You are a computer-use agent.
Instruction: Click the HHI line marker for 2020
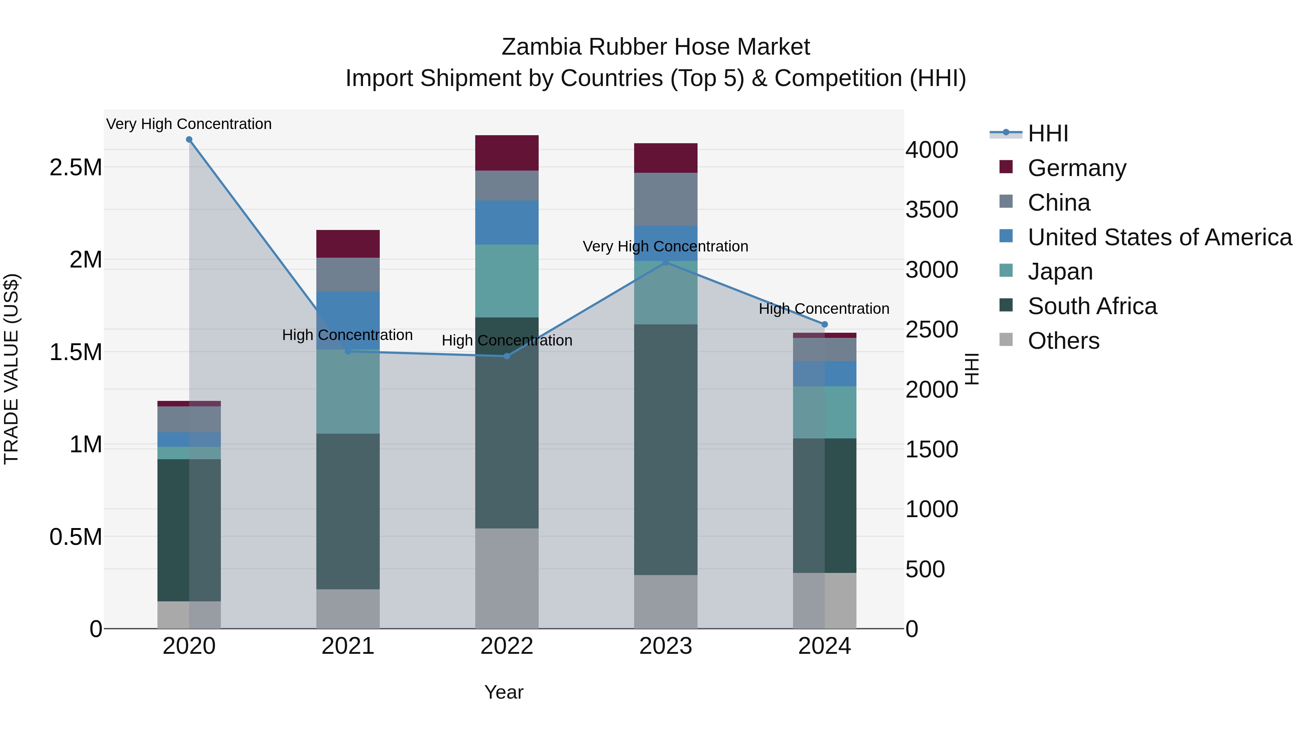pos(189,140)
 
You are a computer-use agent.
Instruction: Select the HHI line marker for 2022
pos(507,356)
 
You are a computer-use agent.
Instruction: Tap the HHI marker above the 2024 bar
pos(825,324)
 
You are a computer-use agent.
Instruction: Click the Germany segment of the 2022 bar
pos(507,153)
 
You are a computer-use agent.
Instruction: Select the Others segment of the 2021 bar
pos(348,609)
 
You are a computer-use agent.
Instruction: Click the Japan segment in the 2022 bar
pos(507,281)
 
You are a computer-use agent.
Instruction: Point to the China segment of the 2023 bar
pos(666,199)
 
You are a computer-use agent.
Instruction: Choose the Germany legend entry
pos(1076,168)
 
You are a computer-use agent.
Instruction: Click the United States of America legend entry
pos(1159,237)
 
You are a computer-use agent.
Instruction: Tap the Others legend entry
pos(1063,340)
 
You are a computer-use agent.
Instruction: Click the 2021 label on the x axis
pos(348,646)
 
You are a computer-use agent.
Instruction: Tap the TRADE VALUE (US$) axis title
pos(11,369)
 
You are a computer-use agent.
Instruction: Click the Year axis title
pos(504,692)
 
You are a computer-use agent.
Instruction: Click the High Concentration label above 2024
pos(824,309)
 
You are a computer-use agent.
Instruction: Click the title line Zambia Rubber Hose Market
pos(656,47)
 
